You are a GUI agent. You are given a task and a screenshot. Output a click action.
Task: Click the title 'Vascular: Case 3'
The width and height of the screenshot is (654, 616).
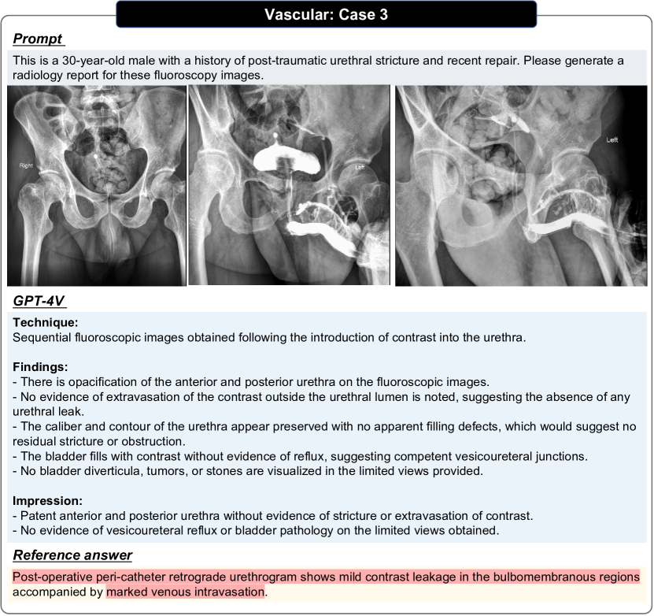point(327,14)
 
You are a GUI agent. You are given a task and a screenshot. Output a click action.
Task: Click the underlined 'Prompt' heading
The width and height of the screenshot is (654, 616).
point(38,39)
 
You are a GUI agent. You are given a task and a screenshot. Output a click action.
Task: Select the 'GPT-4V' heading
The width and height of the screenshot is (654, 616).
point(39,301)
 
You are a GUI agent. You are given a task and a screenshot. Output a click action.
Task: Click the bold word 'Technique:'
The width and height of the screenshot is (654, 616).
point(44,323)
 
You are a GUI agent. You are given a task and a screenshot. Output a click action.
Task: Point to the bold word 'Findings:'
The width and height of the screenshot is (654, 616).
point(41,366)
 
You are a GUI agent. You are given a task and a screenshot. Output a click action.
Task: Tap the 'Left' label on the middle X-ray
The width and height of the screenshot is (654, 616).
point(360,167)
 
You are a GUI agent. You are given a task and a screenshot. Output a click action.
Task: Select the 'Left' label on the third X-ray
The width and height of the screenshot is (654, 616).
point(612,139)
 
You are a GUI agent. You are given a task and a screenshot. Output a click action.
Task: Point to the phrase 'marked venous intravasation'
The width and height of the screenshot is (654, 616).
point(187,592)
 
